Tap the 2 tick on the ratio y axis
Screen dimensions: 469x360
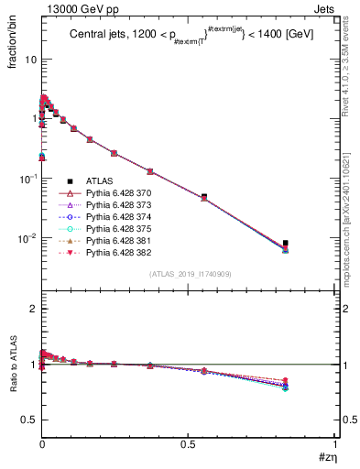pos(34,309)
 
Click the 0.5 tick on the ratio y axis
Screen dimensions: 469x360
pos(29,420)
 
